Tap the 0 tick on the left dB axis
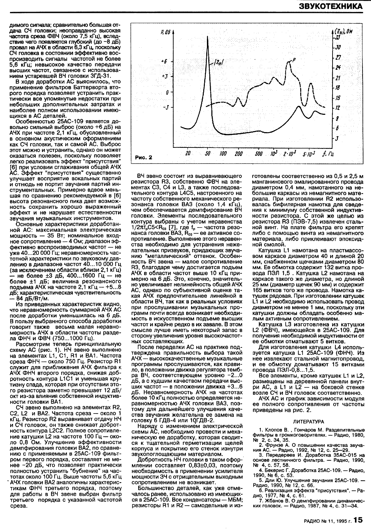(x=167, y=92)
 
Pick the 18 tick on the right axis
(x=338, y=88)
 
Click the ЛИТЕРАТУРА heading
(x=308, y=421)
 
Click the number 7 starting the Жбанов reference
(x=260, y=501)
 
